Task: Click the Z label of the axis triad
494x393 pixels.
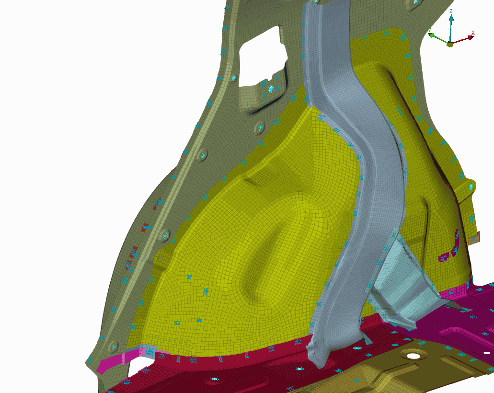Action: click(451, 12)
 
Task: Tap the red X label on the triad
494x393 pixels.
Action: click(472, 33)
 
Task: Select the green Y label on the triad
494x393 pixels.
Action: click(429, 30)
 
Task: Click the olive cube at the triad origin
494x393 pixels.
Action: click(450, 44)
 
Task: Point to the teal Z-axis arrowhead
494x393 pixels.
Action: click(451, 18)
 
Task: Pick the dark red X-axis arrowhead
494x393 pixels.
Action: click(471, 37)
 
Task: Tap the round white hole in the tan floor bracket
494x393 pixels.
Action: click(414, 356)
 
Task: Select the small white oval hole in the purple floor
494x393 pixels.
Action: click(487, 353)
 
